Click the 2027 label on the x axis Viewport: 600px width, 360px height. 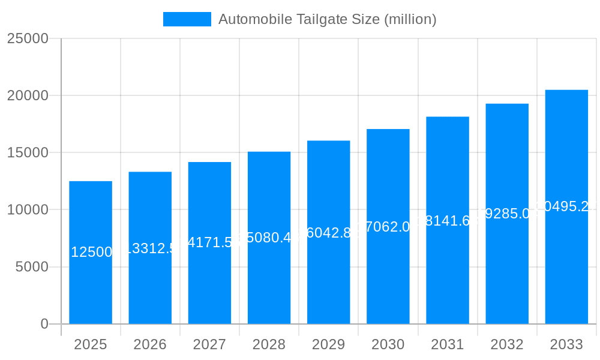(x=209, y=344)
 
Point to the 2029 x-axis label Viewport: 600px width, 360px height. (x=328, y=344)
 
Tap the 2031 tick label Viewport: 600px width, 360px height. (x=448, y=344)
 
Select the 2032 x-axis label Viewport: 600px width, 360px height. (x=507, y=344)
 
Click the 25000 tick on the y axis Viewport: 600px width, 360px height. (x=27, y=38)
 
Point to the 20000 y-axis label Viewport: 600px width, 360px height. (x=27, y=95)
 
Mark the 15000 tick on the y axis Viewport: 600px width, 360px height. (x=27, y=152)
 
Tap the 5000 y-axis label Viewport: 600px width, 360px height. (x=31, y=267)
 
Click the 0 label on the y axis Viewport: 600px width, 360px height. (x=44, y=324)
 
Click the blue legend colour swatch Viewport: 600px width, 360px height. (x=187, y=19)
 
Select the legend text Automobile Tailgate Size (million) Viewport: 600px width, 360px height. (x=327, y=19)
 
